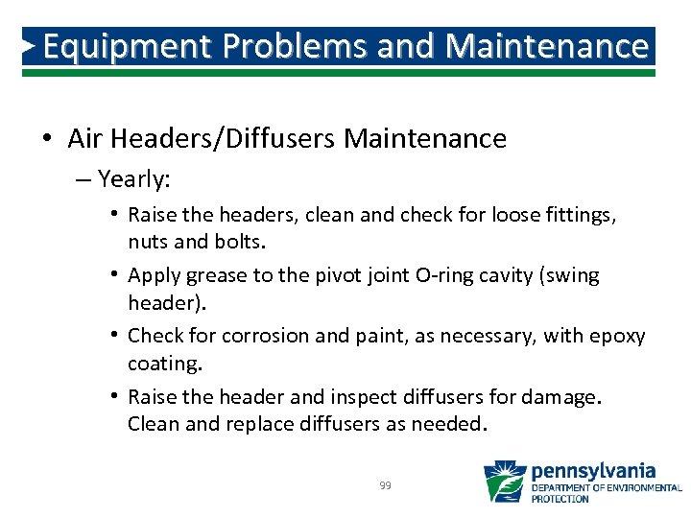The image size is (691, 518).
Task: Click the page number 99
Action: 385,486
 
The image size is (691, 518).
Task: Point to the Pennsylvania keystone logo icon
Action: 504,482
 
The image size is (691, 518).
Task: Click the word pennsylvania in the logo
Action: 593,471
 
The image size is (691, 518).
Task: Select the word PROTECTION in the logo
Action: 560,499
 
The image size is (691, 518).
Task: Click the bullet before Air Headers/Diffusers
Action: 47,139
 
